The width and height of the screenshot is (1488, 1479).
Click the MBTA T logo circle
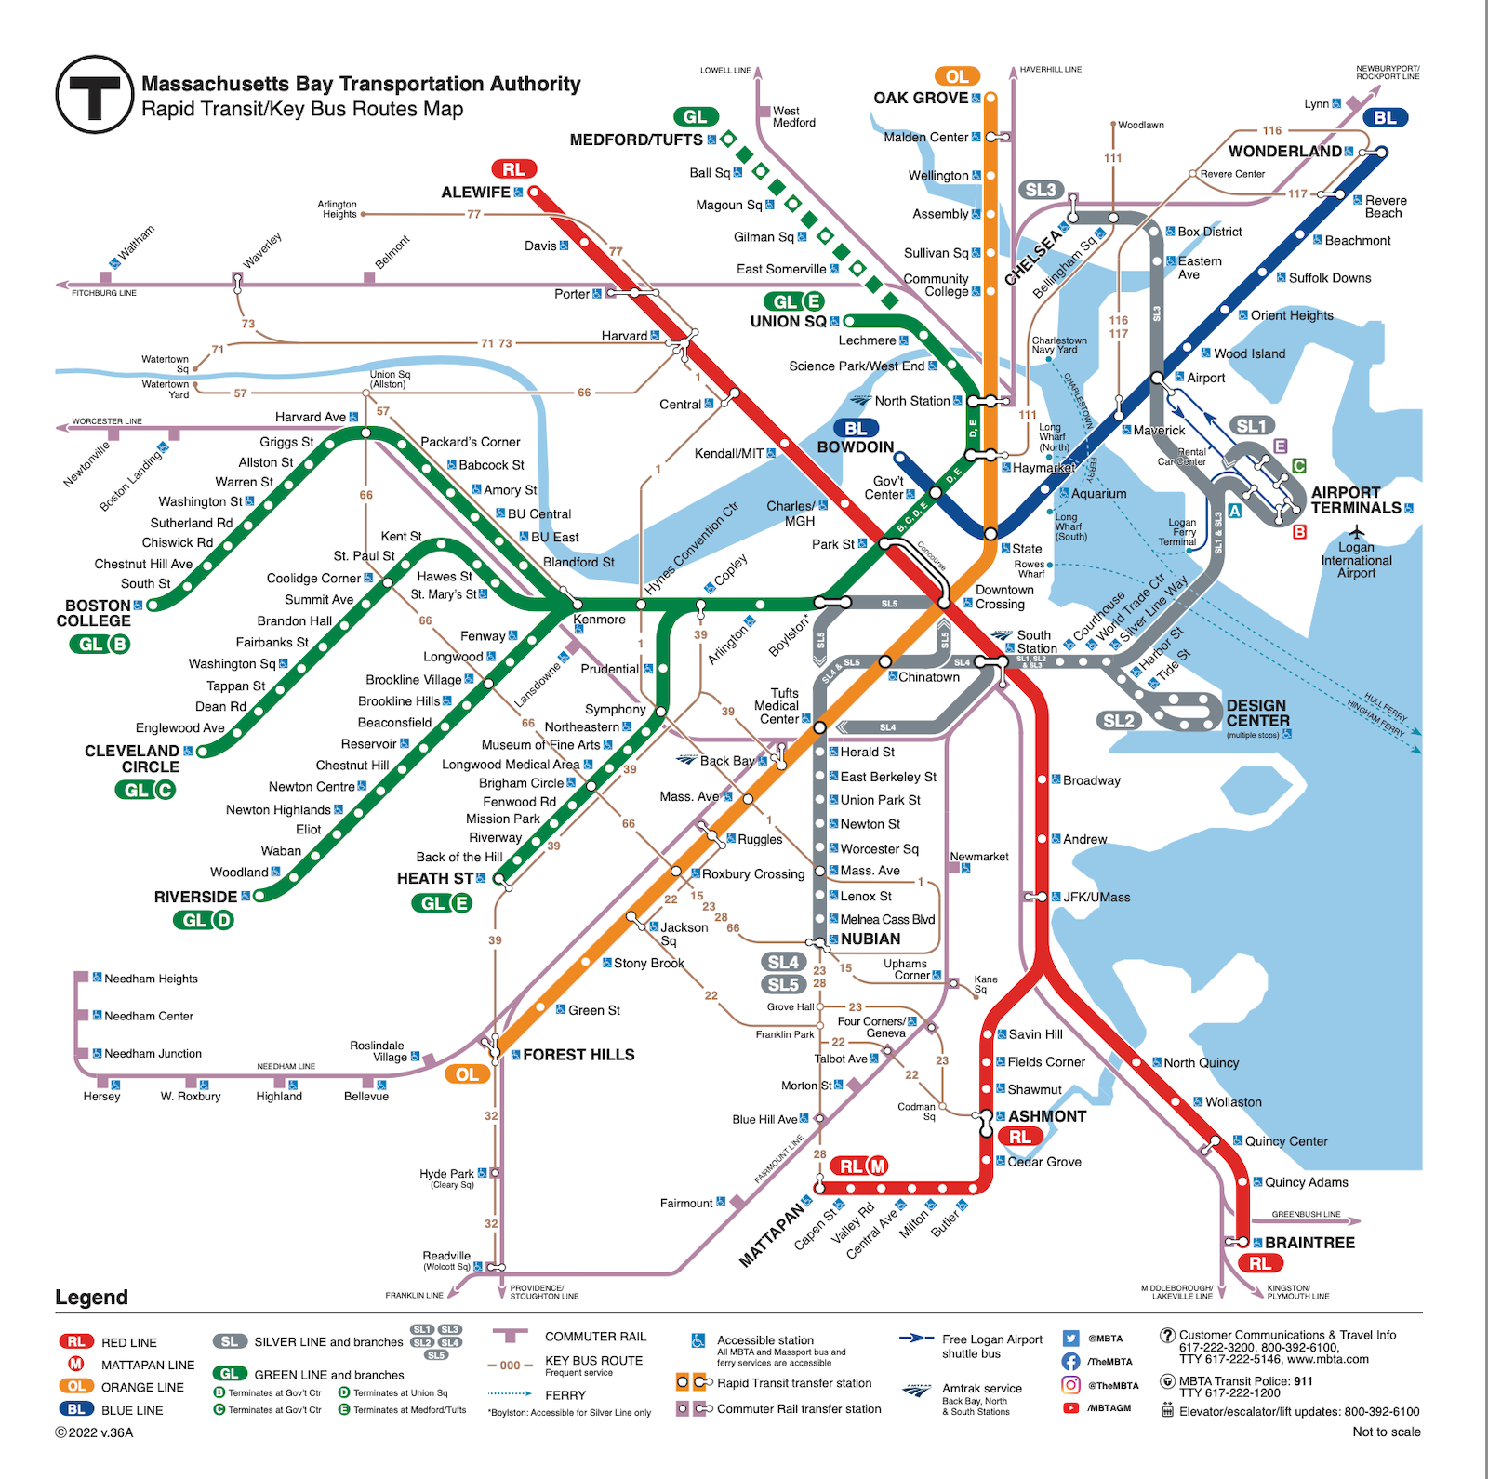tap(94, 94)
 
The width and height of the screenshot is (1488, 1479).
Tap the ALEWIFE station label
tap(475, 193)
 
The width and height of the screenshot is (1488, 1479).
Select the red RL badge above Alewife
tap(513, 169)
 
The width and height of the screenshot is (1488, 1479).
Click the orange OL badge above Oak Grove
tap(957, 76)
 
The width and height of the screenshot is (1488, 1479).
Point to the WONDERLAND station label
tap(1284, 152)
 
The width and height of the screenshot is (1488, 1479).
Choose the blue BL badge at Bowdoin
tap(856, 429)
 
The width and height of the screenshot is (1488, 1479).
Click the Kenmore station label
tap(600, 620)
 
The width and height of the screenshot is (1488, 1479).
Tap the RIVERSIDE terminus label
tap(195, 897)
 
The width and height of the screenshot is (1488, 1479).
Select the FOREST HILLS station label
tap(578, 1055)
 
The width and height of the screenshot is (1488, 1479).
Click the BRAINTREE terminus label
tap(1309, 1243)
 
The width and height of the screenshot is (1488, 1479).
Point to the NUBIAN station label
tap(870, 939)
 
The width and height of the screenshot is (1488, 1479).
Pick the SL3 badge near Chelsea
tap(1040, 191)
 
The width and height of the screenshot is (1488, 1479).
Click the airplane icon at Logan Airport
tap(1357, 532)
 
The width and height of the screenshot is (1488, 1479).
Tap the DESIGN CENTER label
tap(1257, 713)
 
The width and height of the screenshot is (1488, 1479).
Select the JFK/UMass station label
tap(1096, 898)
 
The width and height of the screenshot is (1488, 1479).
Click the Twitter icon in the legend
tap(1070, 1339)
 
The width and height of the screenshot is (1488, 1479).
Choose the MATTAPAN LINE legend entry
tap(148, 1365)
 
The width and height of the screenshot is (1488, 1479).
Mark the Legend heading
tap(91, 1298)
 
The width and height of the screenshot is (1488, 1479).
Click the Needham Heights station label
tap(151, 979)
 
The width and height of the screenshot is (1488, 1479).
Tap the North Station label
tap(911, 401)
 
